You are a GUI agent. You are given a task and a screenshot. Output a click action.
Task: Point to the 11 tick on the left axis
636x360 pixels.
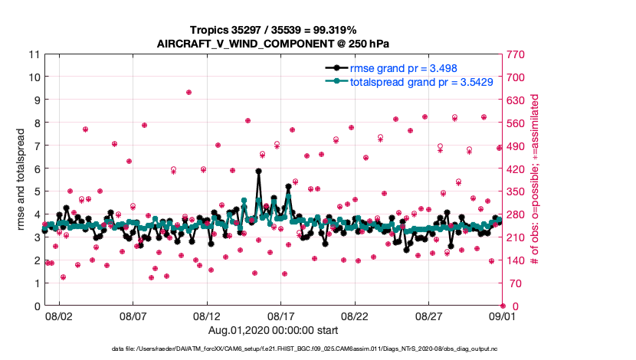tap(33, 54)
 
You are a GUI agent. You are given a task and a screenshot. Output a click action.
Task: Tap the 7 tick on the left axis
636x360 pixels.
tap(35, 146)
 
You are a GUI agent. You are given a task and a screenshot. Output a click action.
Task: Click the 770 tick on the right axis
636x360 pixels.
tap(516, 54)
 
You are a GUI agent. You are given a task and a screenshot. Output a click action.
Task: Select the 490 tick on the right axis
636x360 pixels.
tap(516, 146)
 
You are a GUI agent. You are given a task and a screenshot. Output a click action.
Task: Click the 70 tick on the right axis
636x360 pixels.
tap(514, 283)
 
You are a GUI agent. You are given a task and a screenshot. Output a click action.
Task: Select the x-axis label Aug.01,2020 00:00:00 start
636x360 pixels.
tap(272, 330)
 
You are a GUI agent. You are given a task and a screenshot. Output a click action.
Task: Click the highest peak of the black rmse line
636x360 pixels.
tap(259, 172)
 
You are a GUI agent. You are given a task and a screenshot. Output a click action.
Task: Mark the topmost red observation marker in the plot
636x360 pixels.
tap(189, 92)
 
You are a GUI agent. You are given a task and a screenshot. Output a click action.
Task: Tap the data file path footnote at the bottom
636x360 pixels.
tap(318, 349)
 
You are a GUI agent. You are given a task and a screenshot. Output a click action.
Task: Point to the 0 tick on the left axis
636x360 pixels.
tap(35, 306)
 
